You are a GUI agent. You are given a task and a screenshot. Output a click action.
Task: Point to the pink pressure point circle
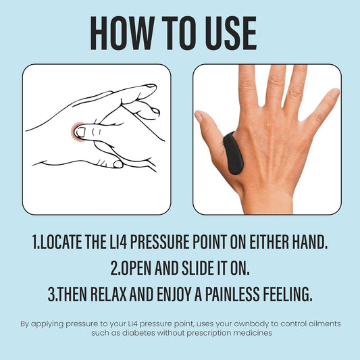coord(79,131)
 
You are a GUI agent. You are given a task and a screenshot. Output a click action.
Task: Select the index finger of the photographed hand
coord(249,88)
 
